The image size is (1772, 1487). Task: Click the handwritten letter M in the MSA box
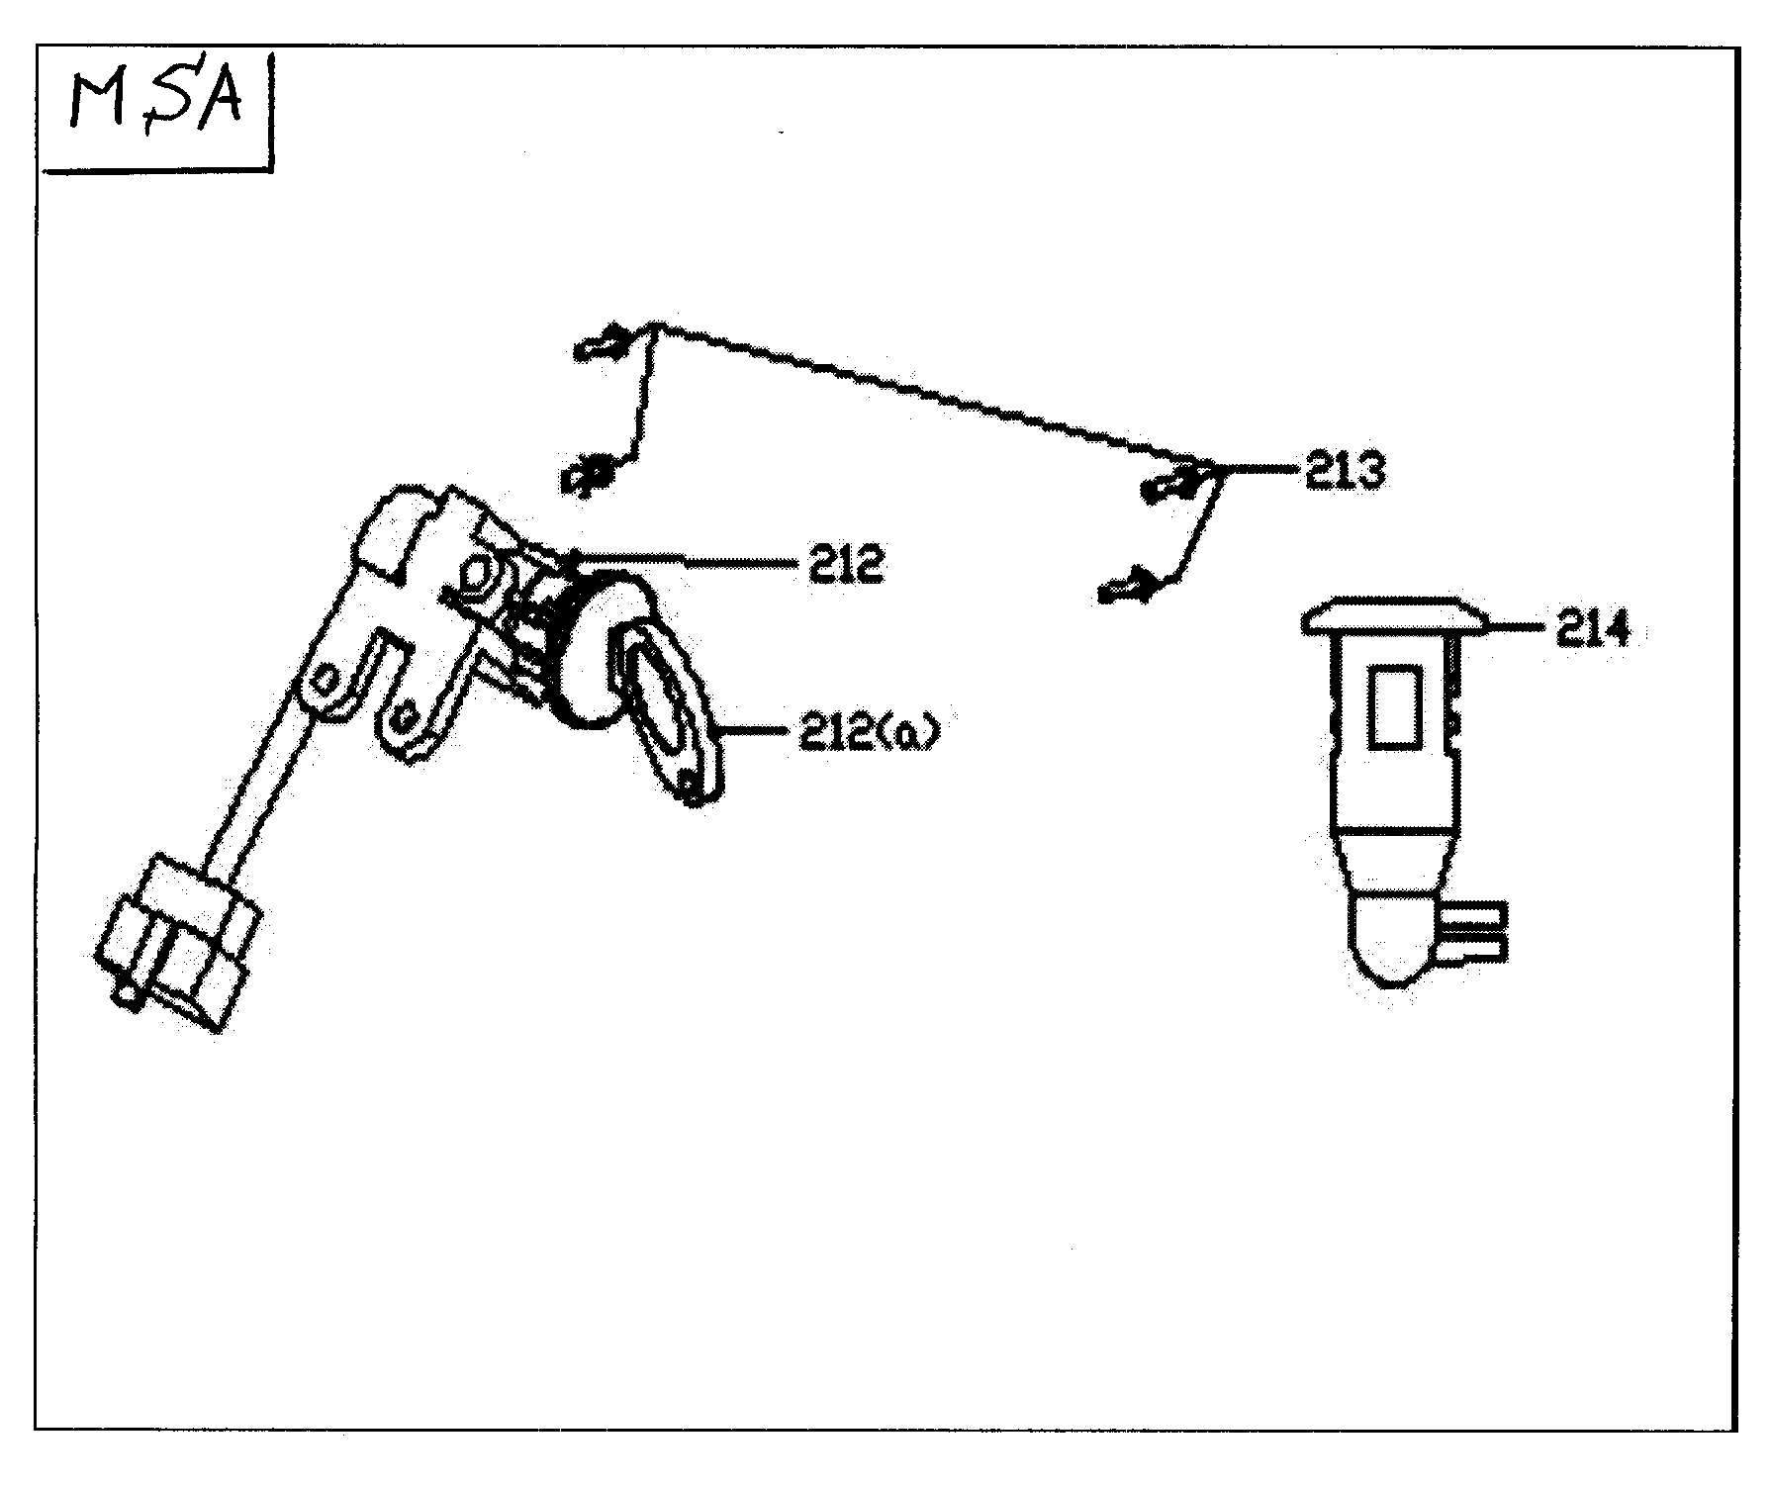click(x=94, y=106)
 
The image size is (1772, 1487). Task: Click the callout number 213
click(x=1345, y=472)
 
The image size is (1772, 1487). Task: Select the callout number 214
click(x=1592, y=628)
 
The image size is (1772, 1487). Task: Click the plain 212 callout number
click(x=845, y=565)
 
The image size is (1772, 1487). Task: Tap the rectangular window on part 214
click(x=1395, y=704)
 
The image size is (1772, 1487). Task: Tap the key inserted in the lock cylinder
click(x=668, y=712)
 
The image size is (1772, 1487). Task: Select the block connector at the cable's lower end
click(x=178, y=940)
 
